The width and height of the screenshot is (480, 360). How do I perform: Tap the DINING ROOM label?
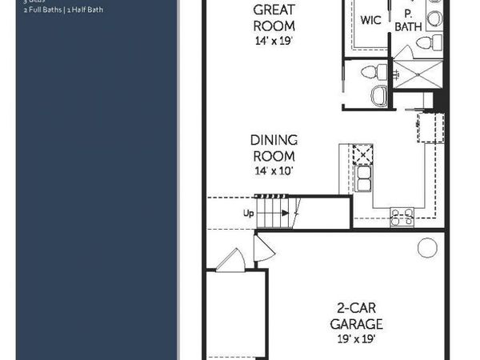point(274,149)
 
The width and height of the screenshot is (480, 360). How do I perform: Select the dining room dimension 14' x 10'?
point(274,171)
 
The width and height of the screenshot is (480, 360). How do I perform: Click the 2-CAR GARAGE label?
point(356,315)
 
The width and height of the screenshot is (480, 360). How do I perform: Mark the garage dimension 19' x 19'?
point(356,338)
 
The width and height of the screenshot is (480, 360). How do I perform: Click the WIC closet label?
point(370,20)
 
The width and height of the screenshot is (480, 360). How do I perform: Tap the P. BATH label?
point(408,22)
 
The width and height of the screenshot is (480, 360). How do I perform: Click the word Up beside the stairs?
point(249,214)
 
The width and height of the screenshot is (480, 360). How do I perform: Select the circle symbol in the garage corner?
point(427,249)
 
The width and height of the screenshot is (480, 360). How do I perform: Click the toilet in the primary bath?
point(426,42)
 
